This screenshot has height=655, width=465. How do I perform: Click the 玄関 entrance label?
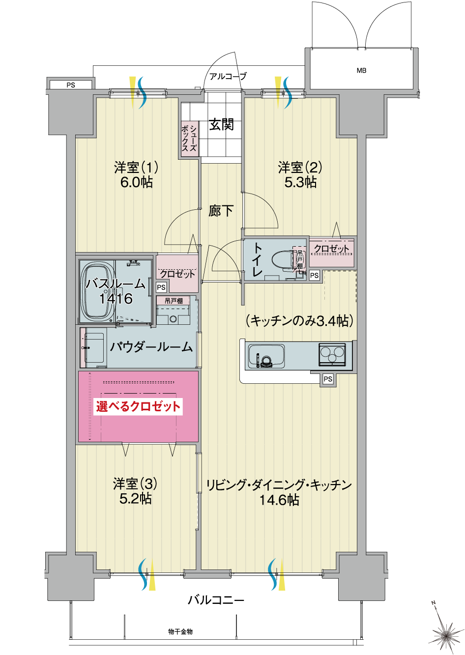pos(221,125)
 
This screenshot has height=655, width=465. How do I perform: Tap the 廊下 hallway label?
pos(221,210)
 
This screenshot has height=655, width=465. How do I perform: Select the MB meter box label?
pos(361,70)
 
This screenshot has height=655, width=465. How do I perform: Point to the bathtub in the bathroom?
pos(97,291)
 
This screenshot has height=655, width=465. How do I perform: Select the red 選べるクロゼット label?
pos(138,406)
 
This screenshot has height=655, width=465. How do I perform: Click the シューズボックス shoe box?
pos(189,139)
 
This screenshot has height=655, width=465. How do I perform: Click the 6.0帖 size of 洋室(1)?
pos(136,182)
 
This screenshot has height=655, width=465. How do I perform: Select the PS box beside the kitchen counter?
pos(328,379)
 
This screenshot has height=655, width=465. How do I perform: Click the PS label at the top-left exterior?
pos(71,85)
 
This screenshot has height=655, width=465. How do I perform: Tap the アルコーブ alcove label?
pos(228,76)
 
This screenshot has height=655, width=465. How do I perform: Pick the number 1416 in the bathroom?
pos(116,299)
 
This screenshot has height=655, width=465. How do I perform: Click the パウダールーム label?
pos(151,347)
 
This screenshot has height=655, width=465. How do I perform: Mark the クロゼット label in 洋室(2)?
pos(332,249)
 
